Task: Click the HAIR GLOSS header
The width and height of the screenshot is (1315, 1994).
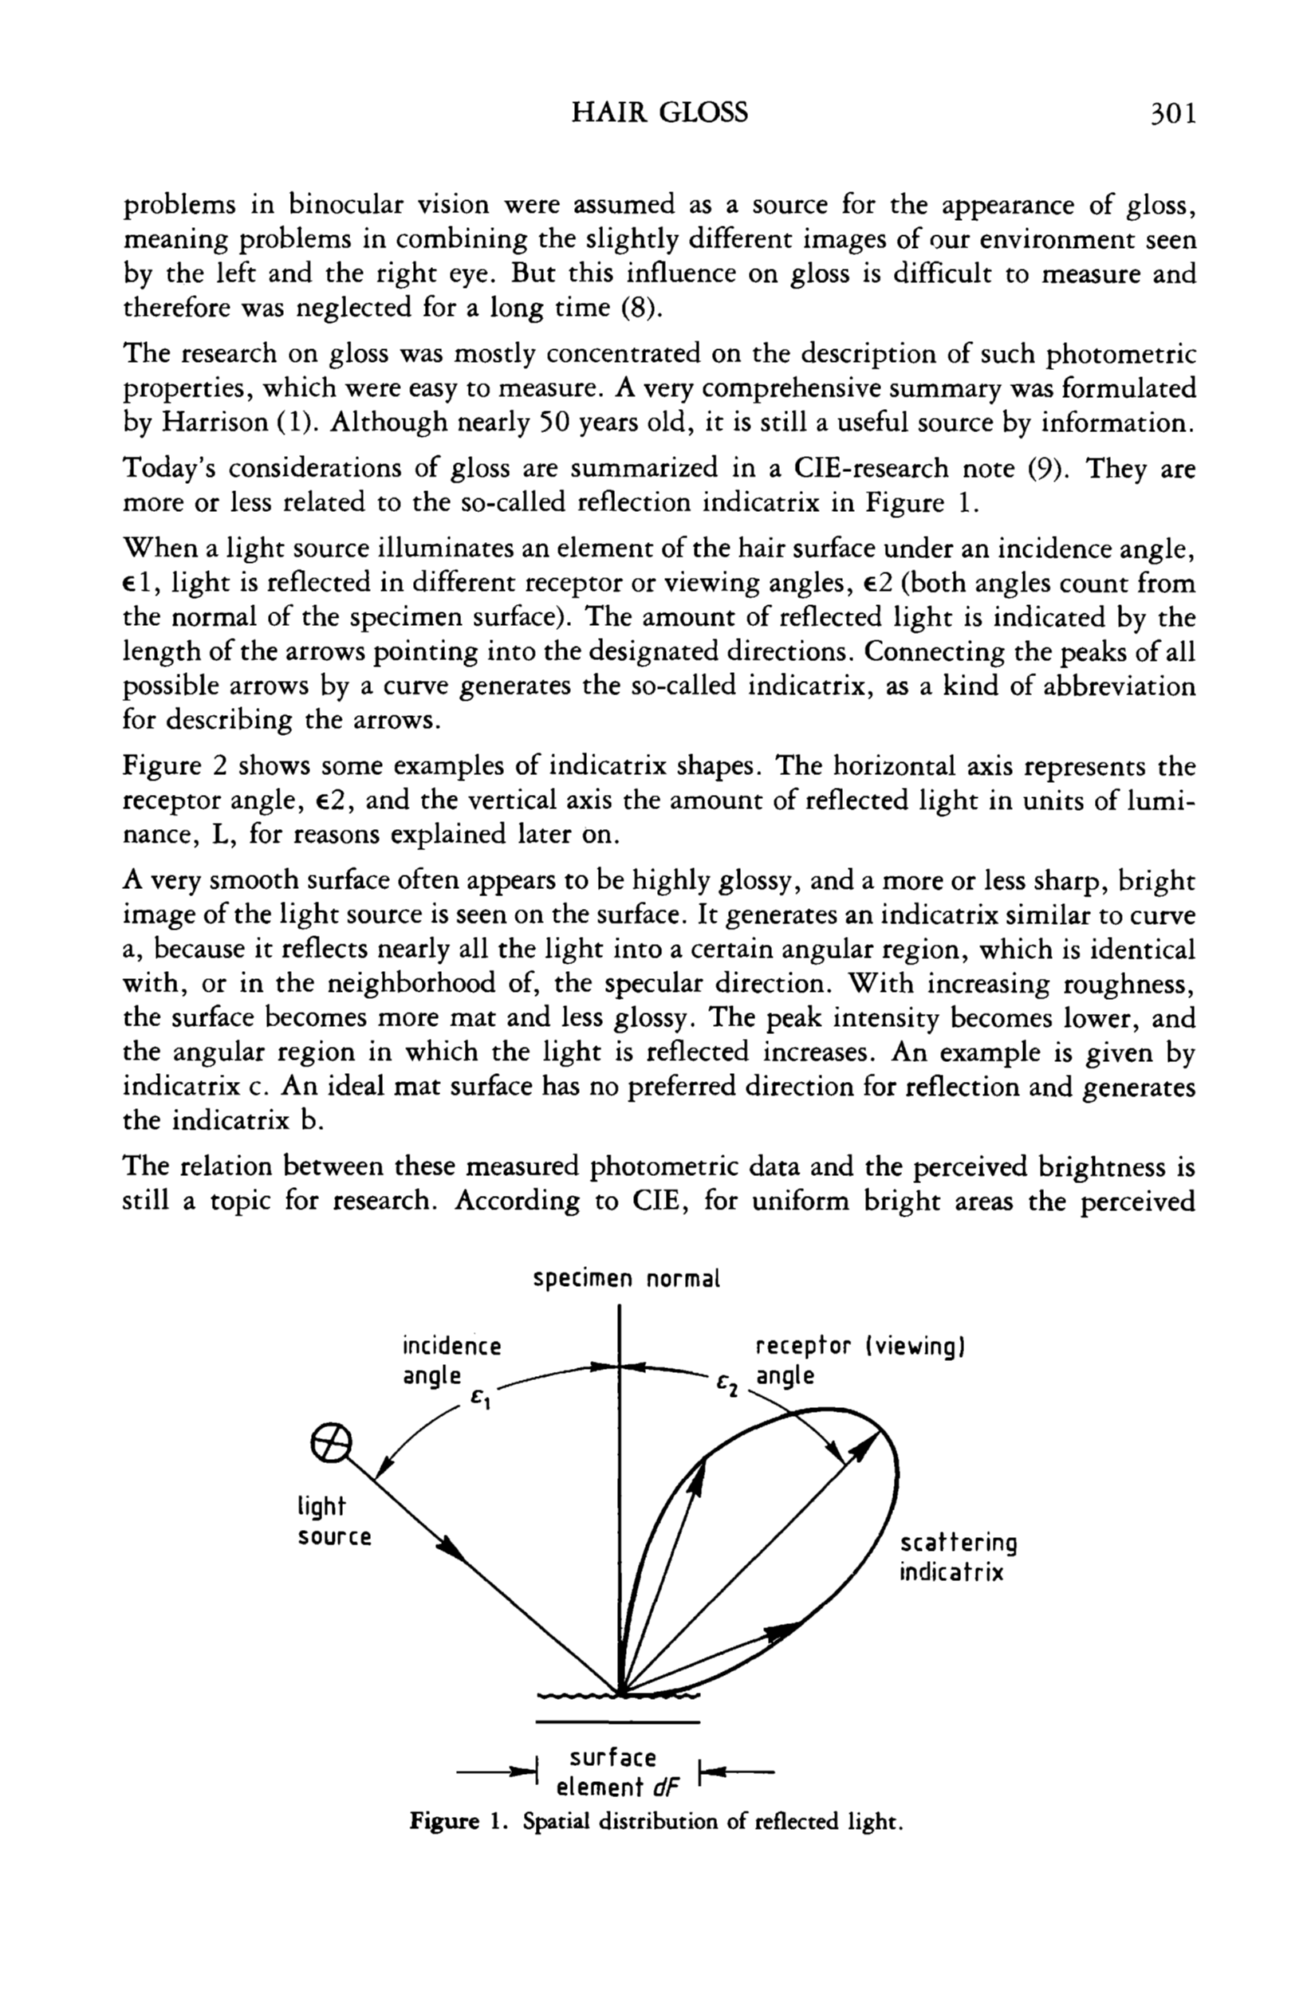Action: tap(659, 112)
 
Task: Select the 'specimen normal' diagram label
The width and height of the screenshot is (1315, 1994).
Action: tap(627, 1280)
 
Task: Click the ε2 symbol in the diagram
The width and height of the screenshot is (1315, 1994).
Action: tap(726, 1387)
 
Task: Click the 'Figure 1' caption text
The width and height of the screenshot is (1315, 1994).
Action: tap(655, 1821)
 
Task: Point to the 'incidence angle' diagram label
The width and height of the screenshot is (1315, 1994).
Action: tap(451, 1361)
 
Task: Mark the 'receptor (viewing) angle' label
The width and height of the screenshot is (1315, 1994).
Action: tap(861, 1361)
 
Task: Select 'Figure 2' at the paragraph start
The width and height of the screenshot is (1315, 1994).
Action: tap(174, 765)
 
